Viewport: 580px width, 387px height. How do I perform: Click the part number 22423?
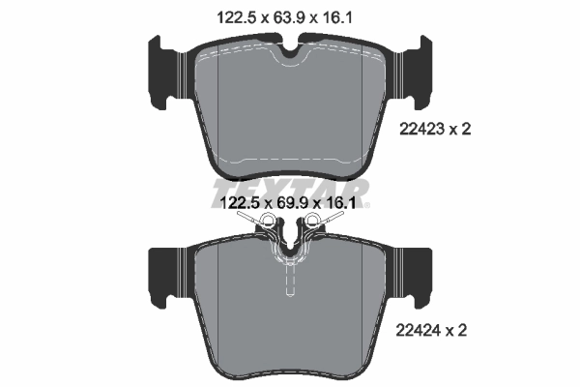(419, 127)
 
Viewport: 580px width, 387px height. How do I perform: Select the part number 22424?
(419, 330)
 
